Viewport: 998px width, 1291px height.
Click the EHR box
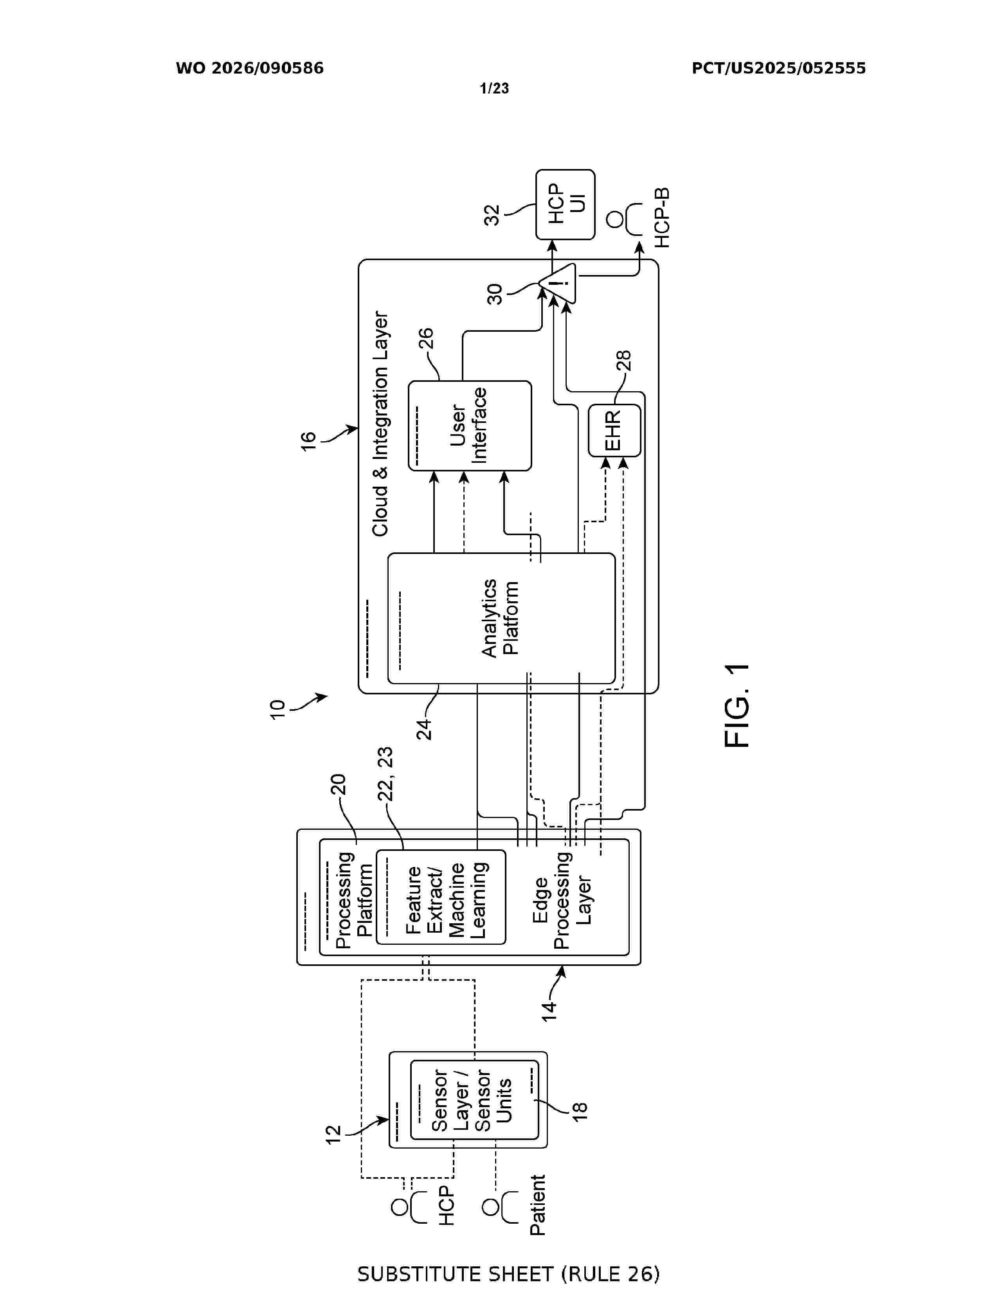point(614,430)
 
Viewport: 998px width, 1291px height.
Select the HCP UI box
point(565,205)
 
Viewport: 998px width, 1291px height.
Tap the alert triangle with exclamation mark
point(558,283)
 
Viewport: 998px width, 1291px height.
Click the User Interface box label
point(468,425)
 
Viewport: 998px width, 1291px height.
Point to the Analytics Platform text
point(500,618)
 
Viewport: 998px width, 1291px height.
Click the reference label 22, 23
point(385,774)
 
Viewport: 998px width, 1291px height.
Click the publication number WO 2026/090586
point(250,68)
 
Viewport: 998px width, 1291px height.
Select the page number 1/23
point(494,89)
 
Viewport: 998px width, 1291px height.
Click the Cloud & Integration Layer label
point(380,424)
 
